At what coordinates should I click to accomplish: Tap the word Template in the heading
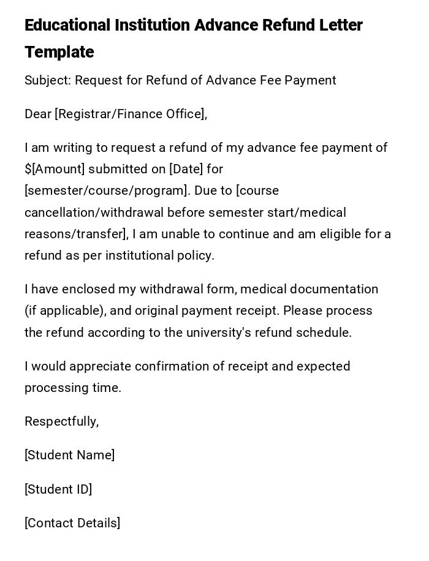59,52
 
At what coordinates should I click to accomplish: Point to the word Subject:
47,80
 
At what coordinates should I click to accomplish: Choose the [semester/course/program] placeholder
105,190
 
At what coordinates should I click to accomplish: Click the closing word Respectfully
61,421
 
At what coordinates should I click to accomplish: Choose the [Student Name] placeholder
70,455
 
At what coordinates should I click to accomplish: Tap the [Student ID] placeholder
58,489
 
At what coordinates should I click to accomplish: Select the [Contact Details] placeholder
72,523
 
